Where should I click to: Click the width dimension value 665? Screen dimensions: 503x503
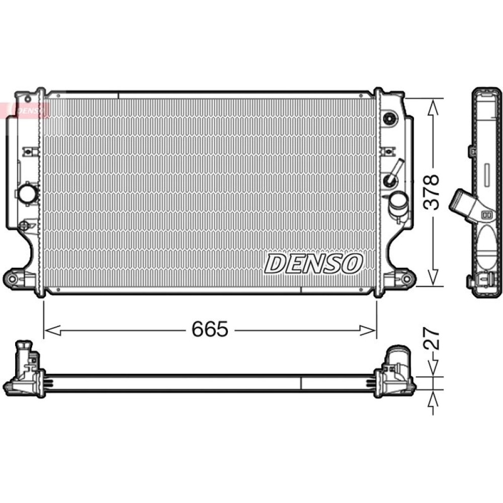point(210,329)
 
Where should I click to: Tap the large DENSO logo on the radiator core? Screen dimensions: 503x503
point(313,264)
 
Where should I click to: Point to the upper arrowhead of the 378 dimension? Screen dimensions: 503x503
point(433,108)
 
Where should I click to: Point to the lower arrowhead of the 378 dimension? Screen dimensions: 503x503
point(433,277)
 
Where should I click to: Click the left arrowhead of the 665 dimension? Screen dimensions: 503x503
point(52,330)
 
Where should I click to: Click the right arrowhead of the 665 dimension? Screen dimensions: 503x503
point(367,330)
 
